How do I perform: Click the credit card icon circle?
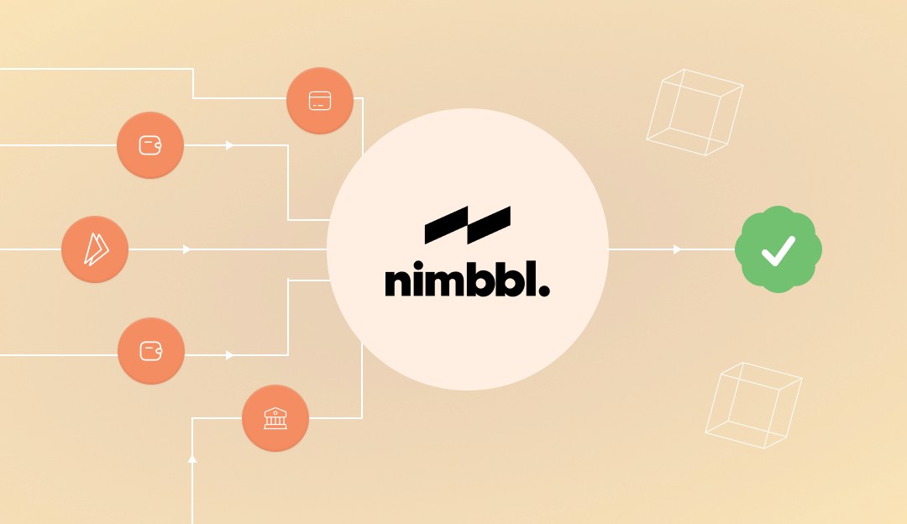(x=319, y=101)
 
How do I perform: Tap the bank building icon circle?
(x=275, y=418)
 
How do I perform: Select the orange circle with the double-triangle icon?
(x=95, y=249)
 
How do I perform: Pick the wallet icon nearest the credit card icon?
(x=150, y=145)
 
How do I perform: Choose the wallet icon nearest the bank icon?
(x=151, y=351)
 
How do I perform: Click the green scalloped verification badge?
(x=778, y=249)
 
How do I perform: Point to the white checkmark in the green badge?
(x=778, y=249)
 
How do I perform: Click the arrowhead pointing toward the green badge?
(x=678, y=249)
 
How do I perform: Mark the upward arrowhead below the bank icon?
(x=192, y=458)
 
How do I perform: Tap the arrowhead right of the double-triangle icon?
(x=187, y=249)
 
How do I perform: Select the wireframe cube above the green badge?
(x=695, y=112)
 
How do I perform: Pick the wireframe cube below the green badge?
(x=753, y=406)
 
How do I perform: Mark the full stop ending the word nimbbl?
(x=543, y=291)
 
